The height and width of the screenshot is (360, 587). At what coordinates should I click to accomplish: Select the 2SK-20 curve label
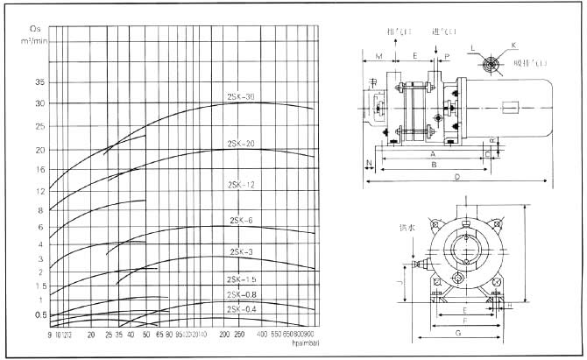pos(241,143)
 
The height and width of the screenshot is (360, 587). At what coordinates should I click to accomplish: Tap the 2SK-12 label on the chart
pos(239,186)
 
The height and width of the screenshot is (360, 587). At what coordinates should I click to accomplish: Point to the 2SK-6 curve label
pos(241,220)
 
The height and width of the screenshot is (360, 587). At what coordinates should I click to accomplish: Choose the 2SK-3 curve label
pos(242,252)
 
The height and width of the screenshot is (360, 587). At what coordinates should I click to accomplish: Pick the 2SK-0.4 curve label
pos(241,307)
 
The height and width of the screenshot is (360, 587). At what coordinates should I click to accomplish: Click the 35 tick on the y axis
pos(39,82)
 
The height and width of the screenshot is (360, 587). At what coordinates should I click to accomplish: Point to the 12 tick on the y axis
pos(39,190)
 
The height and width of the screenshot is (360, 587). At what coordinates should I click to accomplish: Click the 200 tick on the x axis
pos(223,335)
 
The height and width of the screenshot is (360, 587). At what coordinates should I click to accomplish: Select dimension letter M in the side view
pos(378,55)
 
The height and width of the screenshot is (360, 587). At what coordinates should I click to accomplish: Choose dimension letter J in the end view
pos(400,282)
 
